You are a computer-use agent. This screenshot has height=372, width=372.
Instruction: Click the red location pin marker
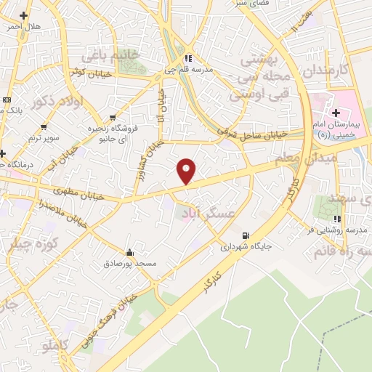(x=187, y=171)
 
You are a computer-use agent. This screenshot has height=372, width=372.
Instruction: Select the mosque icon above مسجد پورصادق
(x=130, y=252)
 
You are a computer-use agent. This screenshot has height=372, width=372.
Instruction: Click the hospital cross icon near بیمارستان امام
(x=336, y=113)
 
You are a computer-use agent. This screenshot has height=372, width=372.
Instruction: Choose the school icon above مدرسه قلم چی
(x=187, y=58)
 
